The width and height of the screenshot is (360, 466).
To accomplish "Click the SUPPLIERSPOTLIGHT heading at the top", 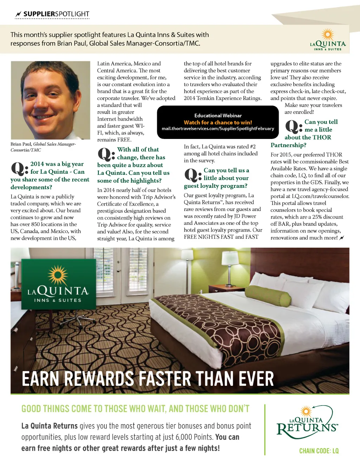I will [x=56, y=14].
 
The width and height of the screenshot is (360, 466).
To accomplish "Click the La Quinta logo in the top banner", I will [x=328, y=41].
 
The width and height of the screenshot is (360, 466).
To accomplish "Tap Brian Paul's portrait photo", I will [x=50, y=100].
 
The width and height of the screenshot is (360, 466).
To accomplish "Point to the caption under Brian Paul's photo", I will [x=43, y=147].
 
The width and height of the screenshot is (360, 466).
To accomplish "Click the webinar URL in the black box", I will [x=218, y=129].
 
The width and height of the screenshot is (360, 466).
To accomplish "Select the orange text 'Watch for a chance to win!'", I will [x=218, y=122].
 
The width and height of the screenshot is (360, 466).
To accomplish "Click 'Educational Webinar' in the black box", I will [x=218, y=115].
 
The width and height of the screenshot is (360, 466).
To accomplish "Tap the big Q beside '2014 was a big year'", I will [x=19, y=168].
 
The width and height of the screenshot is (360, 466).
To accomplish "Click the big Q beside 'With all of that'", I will [x=106, y=154].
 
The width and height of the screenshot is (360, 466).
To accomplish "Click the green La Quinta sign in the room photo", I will [x=58, y=284].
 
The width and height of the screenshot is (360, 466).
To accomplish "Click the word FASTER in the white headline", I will [x=164, y=379].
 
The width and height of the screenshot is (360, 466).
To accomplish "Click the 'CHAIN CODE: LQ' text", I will [x=319, y=451].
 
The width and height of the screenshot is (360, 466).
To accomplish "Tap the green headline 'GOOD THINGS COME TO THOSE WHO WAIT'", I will [x=135, y=409].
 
